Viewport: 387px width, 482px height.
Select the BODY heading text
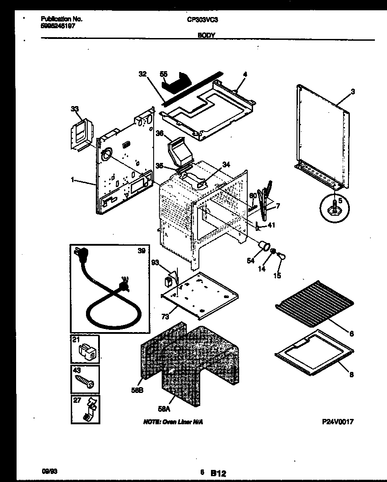[x=206, y=34]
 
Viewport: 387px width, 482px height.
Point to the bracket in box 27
[x=89, y=409]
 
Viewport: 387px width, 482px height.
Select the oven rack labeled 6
[x=314, y=304]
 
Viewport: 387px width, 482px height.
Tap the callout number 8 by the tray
[x=351, y=375]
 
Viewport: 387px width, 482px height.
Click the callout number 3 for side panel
[x=353, y=92]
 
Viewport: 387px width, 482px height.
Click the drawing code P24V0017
[x=338, y=422]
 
